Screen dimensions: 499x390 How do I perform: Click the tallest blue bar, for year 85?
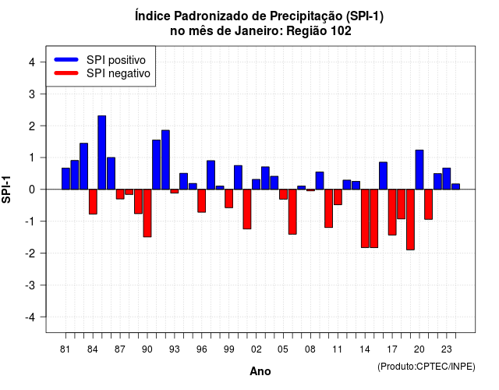pyautogui.click(x=102, y=153)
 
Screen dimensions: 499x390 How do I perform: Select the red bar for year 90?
pyautogui.click(x=147, y=213)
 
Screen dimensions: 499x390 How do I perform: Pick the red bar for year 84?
pyautogui.click(x=93, y=201)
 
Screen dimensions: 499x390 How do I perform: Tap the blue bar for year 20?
pyautogui.click(x=419, y=170)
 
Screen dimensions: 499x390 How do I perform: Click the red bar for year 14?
pyautogui.click(x=365, y=218)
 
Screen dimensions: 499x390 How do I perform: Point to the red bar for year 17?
pyautogui.click(x=392, y=212)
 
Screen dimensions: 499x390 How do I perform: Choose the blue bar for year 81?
pyautogui.click(x=65, y=179)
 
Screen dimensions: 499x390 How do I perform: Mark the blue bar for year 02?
pyautogui.click(x=256, y=184)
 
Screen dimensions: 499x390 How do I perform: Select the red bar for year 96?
pyautogui.click(x=201, y=200)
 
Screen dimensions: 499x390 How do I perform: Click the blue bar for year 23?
pyautogui.click(x=447, y=179)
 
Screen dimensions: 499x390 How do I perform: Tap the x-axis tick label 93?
pyautogui.click(x=175, y=349)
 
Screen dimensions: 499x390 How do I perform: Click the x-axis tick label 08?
pyautogui.click(x=310, y=349)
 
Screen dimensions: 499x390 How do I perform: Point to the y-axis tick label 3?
pyautogui.click(x=32, y=94)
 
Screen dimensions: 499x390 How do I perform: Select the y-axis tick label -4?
pyautogui.click(x=30, y=317)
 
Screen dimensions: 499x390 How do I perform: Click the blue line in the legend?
pyautogui.click(x=66, y=59)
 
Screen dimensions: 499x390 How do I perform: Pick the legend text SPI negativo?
pyautogui.click(x=119, y=73)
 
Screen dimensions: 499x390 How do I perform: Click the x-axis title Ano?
pyautogui.click(x=260, y=371)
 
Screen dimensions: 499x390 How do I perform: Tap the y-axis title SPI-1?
pyautogui.click(x=6, y=189)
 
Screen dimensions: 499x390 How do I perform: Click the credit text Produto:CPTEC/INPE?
pyautogui.click(x=426, y=367)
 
